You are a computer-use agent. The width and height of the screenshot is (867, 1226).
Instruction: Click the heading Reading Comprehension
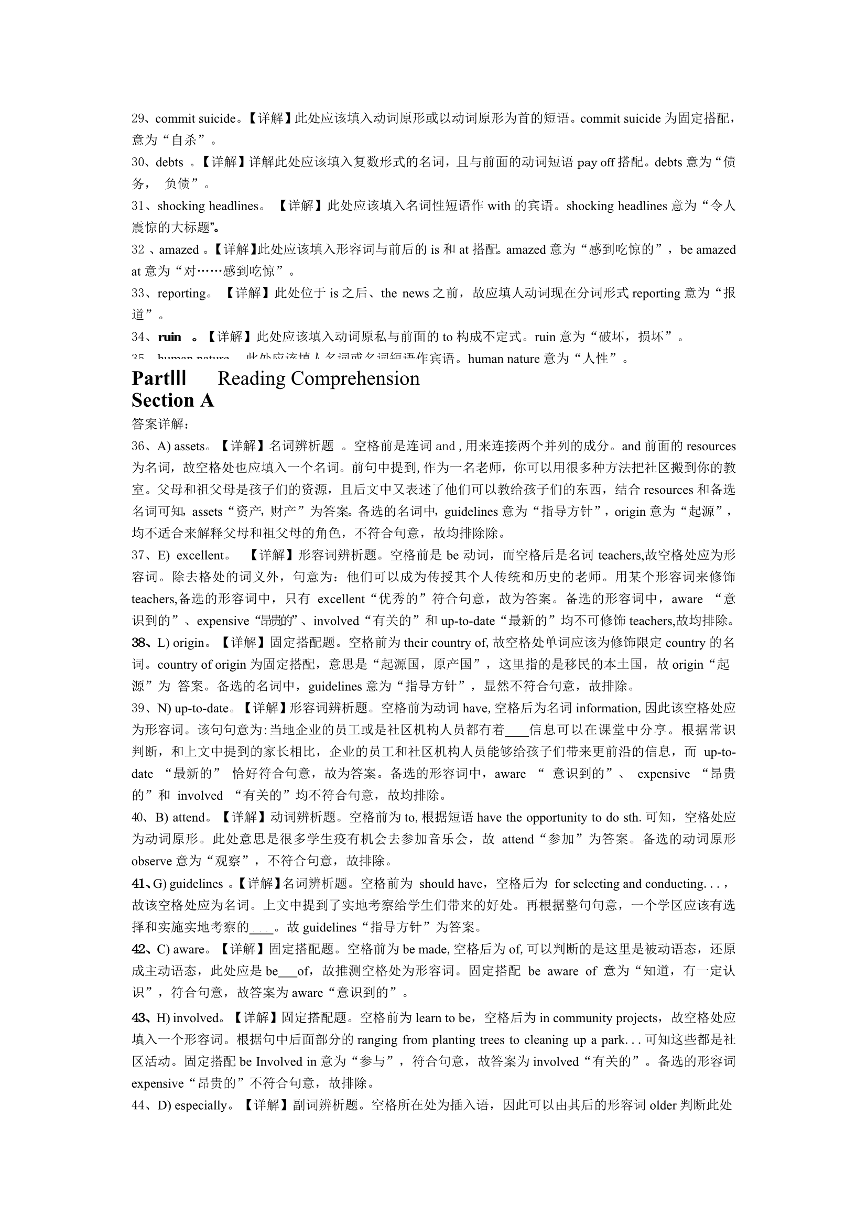click(x=318, y=378)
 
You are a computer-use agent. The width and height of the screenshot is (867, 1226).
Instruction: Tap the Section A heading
click(x=172, y=400)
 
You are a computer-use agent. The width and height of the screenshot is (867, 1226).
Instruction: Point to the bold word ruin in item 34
click(x=169, y=337)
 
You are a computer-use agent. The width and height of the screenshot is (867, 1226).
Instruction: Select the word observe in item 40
click(x=151, y=861)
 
